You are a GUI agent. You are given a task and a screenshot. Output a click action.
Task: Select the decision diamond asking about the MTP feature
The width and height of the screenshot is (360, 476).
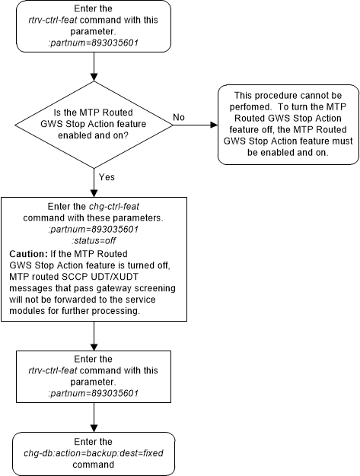click(x=94, y=121)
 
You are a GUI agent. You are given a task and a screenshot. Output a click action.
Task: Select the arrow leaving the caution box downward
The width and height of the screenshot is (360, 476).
click(x=94, y=335)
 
